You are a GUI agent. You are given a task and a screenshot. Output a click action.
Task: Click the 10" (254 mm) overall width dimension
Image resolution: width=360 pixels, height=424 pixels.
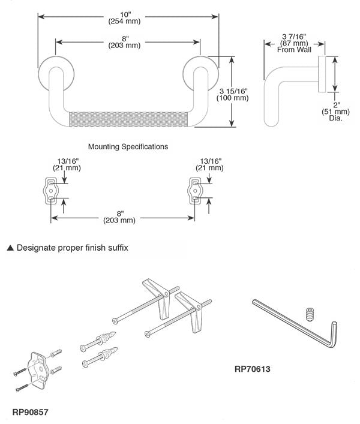[124, 17]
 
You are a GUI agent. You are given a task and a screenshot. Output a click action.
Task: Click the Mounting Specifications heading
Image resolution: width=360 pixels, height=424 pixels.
[128, 146]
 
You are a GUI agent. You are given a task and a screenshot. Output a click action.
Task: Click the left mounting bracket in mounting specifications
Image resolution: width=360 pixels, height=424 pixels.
[52, 190]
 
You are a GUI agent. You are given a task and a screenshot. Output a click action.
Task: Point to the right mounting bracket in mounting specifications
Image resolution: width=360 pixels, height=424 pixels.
[196, 190]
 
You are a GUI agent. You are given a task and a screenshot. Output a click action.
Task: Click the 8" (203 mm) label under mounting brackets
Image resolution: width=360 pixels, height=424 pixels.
[123, 216]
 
